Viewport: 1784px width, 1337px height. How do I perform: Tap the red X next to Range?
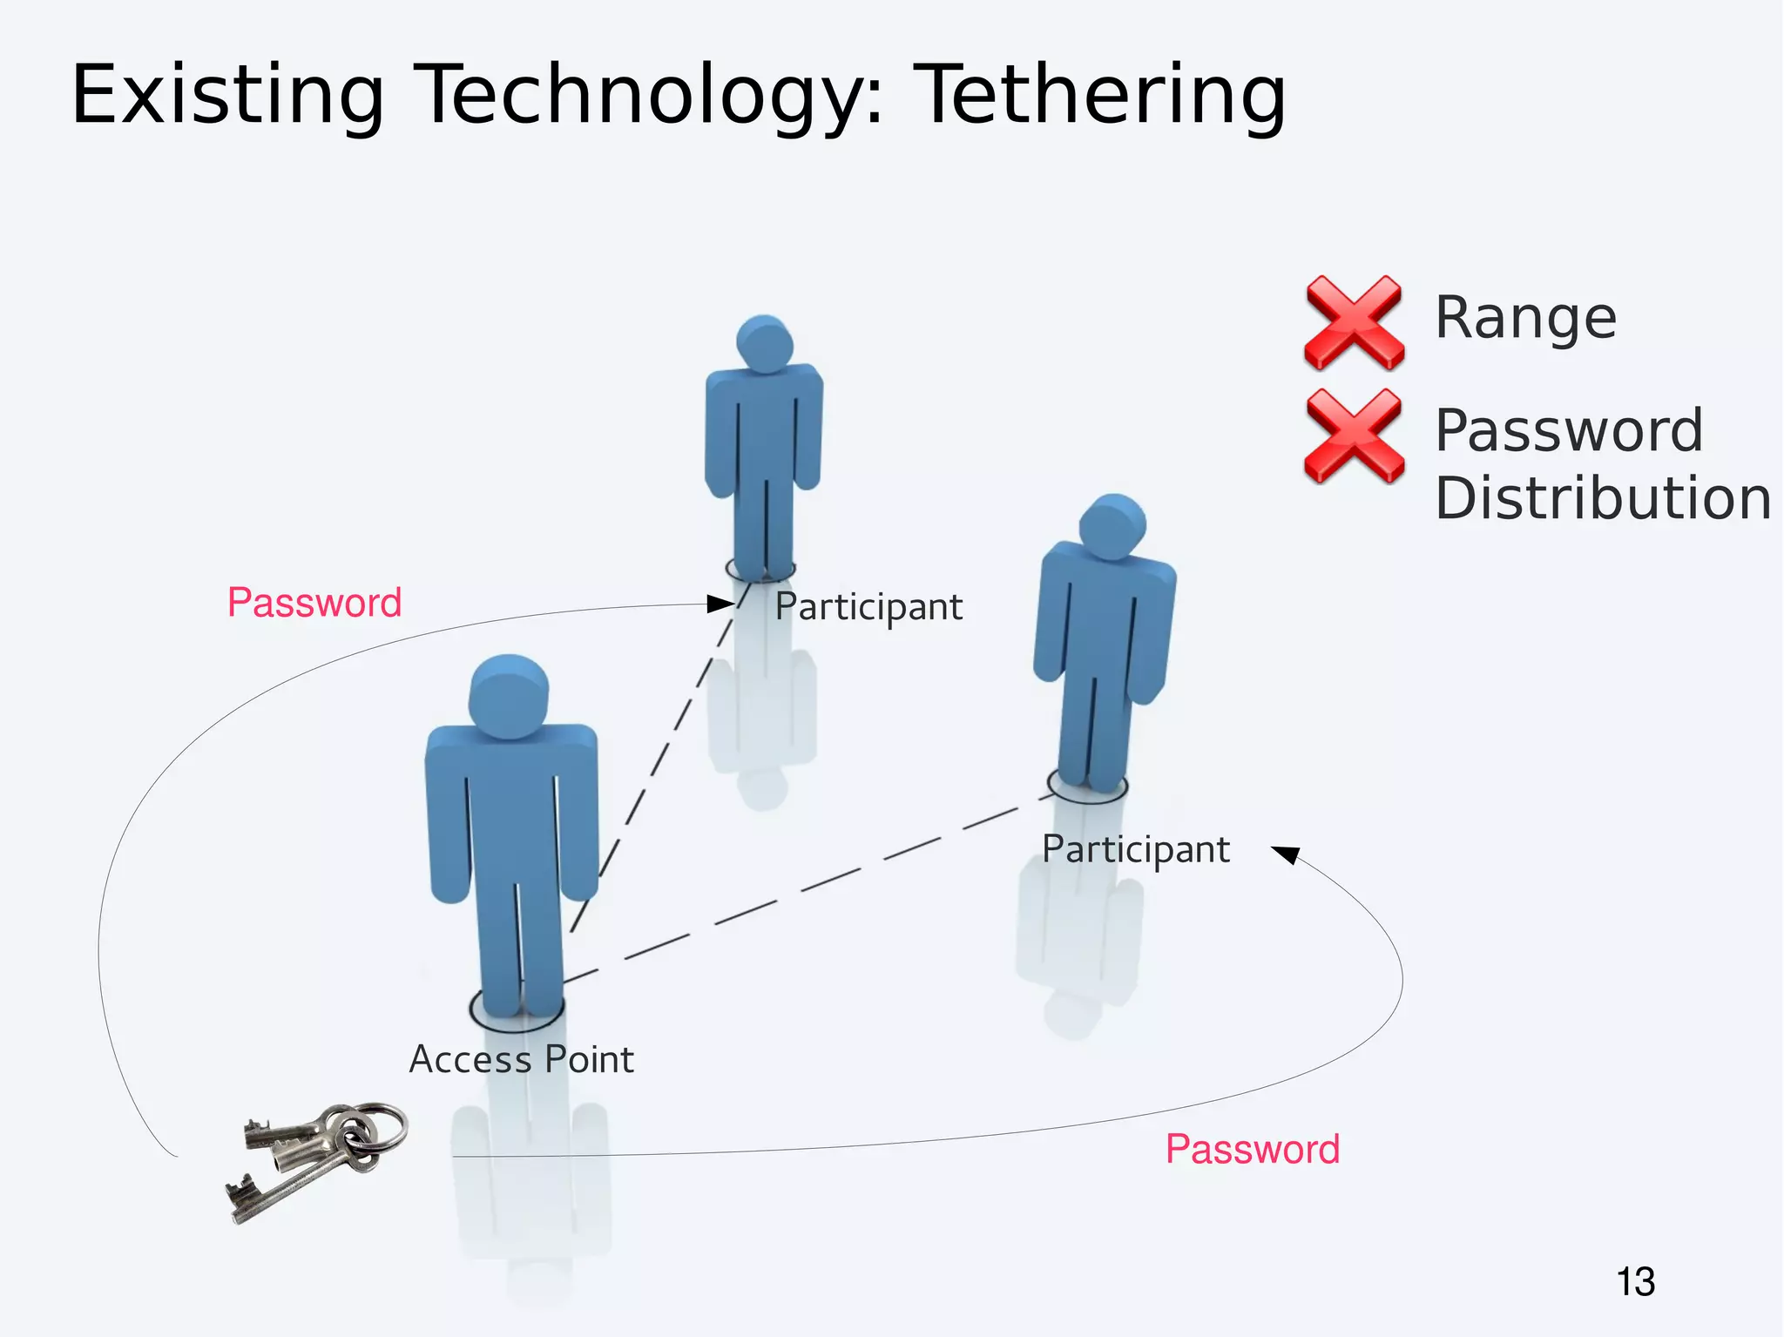click(x=1354, y=321)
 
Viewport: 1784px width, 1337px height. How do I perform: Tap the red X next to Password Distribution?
click(x=1354, y=436)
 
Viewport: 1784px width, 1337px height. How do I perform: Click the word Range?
click(x=1525, y=318)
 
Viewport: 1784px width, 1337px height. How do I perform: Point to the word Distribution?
click(x=1602, y=499)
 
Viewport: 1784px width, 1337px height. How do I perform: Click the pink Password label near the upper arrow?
click(x=314, y=603)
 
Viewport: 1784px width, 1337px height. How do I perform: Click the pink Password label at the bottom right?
click(x=1252, y=1149)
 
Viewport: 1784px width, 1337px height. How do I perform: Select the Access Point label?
click(x=521, y=1060)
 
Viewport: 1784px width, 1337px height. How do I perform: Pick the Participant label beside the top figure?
click(x=868, y=607)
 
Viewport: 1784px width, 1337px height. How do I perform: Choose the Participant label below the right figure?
click(x=1135, y=849)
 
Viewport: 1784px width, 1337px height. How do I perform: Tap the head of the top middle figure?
click(x=764, y=342)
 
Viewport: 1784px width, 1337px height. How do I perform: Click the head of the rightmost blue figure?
click(x=1112, y=525)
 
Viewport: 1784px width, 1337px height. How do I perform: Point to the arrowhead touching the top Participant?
click(x=720, y=603)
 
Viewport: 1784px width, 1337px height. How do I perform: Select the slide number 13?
click(x=1635, y=1282)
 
